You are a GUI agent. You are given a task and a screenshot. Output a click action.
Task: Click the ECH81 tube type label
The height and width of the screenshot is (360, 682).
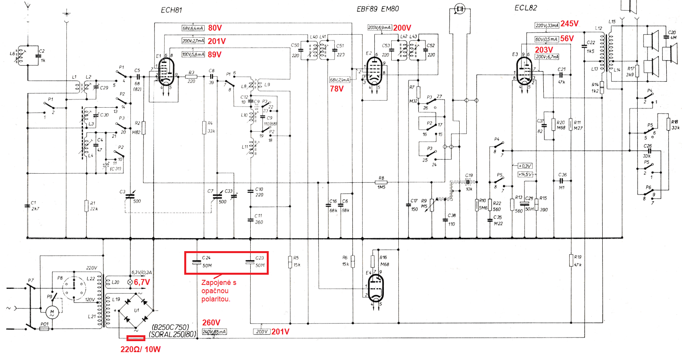coord(171,10)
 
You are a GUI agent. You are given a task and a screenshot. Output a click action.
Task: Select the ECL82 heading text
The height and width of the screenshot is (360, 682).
coord(525,8)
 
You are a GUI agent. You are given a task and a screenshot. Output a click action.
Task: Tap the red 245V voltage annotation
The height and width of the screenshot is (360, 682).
coord(569,24)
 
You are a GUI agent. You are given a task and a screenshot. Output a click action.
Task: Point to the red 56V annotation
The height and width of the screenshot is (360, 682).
coord(567,39)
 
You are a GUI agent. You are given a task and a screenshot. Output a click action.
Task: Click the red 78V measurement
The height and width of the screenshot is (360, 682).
coord(337,89)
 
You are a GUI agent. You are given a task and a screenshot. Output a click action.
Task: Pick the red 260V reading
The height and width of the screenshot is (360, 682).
coord(211,322)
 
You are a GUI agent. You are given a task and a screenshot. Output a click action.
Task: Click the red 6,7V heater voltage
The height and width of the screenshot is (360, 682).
coord(142,282)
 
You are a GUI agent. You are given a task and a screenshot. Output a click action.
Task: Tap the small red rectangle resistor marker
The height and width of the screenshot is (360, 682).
coord(136,338)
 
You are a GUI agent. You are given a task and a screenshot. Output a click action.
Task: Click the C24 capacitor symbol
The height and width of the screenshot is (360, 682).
coord(197,262)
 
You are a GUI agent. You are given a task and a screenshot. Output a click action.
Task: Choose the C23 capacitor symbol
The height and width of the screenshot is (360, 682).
coord(250,262)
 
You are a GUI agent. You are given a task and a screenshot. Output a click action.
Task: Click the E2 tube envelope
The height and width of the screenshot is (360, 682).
coord(374,71)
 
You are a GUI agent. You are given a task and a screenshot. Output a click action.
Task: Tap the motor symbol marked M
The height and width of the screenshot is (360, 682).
coord(52,312)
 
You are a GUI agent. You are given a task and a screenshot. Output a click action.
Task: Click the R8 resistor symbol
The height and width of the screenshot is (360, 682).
coord(381,182)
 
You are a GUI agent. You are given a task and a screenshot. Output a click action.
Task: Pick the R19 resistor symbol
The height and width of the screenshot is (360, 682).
coord(571,260)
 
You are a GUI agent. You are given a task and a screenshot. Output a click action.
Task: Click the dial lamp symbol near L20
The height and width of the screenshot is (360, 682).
coord(130,282)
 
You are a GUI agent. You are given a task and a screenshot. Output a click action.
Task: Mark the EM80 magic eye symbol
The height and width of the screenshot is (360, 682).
coord(460,9)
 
